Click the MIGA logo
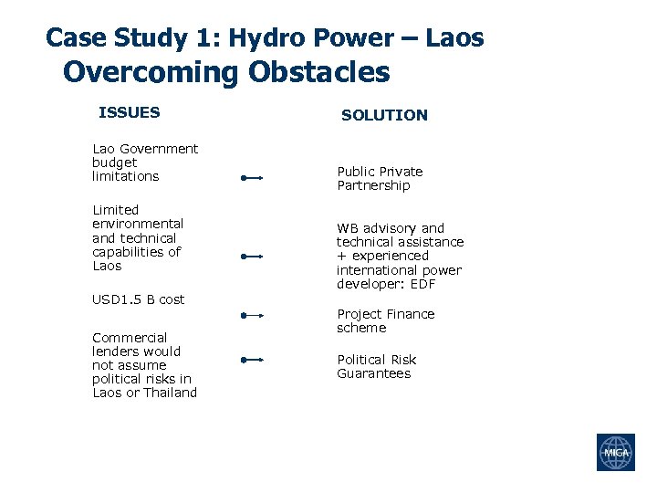click(615, 452)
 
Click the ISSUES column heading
click(129, 113)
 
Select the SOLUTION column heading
click(383, 115)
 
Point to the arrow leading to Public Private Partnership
click(252, 179)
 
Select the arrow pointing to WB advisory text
click(252, 257)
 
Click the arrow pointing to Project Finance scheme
click(252, 316)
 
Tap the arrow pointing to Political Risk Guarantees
click(252, 360)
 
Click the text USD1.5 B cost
click(138, 299)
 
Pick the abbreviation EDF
click(423, 284)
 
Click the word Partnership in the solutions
click(373, 185)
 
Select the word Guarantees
click(373, 373)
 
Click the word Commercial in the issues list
click(130, 337)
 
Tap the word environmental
click(138, 224)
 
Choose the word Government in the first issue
click(158, 149)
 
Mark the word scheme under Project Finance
click(361, 328)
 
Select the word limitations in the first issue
click(125, 176)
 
